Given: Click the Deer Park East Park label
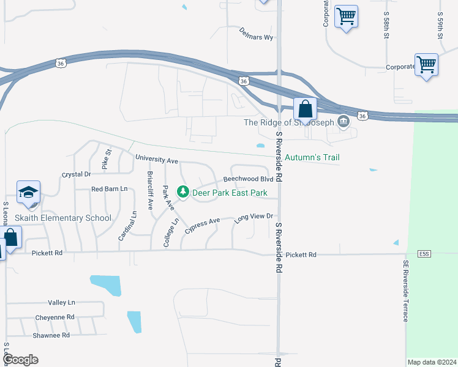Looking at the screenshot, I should (230, 193).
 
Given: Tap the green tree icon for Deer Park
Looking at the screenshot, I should (182, 192).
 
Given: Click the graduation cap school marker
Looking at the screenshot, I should (28, 193).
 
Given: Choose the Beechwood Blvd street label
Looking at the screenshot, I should (248, 179).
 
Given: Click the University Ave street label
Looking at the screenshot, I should (156, 160).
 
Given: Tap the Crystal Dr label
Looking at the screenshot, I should (76, 174).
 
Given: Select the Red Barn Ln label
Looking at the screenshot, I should (109, 189).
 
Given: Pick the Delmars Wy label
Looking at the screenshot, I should (256, 33).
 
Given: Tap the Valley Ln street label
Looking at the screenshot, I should (61, 303).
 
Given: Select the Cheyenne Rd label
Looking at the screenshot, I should (54, 317).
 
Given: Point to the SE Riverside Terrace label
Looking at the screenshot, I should (405, 291).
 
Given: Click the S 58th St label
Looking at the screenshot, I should (386, 25).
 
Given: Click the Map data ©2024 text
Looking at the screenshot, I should (432, 362).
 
